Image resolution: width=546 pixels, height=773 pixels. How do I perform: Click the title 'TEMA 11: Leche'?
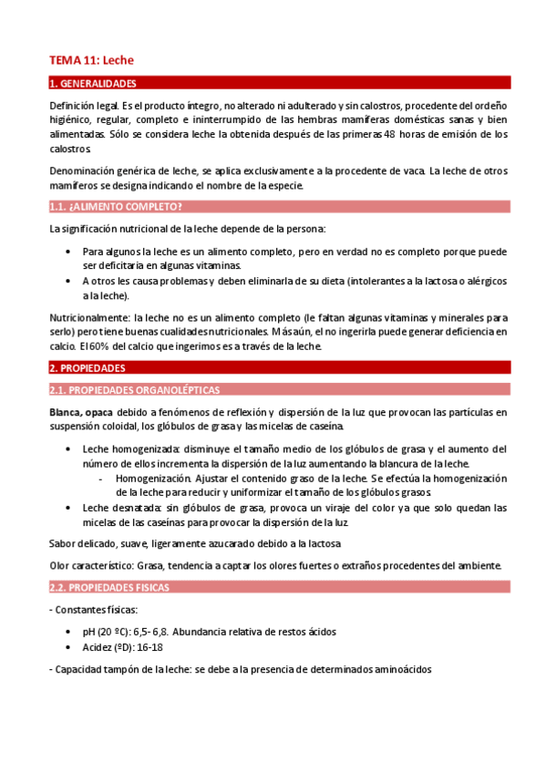(91, 60)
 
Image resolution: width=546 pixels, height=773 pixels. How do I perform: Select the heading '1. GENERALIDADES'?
(92, 83)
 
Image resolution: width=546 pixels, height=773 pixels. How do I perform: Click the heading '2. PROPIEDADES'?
(87, 368)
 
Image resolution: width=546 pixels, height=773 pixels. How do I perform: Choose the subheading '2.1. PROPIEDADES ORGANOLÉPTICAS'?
(134, 390)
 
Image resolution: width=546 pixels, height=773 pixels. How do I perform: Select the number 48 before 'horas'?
(389, 134)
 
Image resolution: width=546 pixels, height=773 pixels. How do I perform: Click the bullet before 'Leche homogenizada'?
(71, 449)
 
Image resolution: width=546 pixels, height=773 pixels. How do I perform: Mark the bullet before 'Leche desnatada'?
(71, 509)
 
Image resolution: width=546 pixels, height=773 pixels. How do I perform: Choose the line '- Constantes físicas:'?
(94, 609)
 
